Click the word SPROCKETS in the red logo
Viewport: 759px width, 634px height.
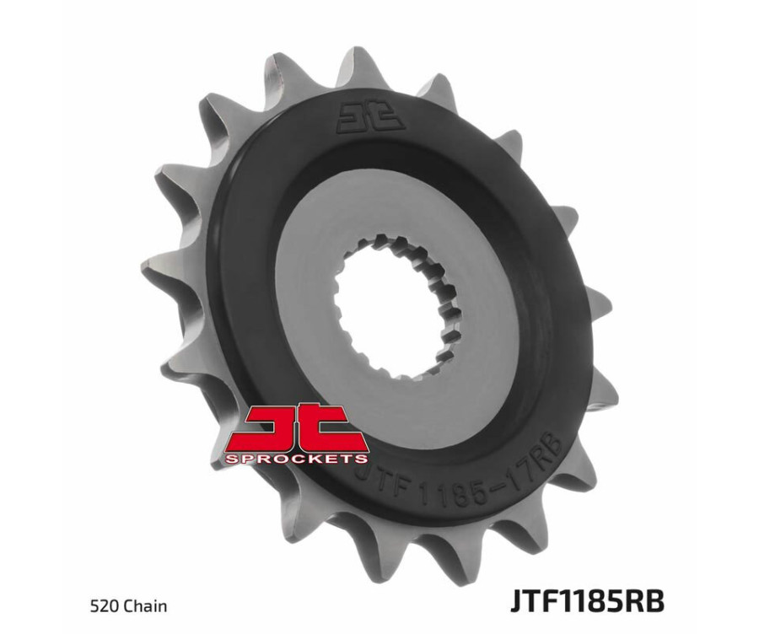pos(296,458)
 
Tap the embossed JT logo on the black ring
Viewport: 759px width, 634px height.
pos(370,117)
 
